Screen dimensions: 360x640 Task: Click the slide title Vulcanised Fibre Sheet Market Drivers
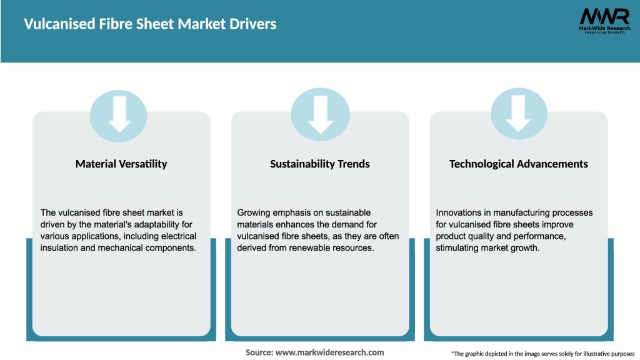coord(150,24)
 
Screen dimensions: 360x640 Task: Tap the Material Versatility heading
coord(121,164)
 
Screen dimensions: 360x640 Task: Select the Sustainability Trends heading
coord(320,164)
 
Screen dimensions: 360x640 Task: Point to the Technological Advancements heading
coord(519,164)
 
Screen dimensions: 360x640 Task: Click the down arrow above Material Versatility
coord(119,114)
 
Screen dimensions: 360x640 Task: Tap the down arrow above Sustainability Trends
coord(320,114)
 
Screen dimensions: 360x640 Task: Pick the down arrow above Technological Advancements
coord(519,114)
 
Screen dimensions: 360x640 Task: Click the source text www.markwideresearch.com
coord(329,352)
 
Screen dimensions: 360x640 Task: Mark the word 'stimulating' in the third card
coord(458,247)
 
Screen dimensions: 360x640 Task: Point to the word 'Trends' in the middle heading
coord(353,164)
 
